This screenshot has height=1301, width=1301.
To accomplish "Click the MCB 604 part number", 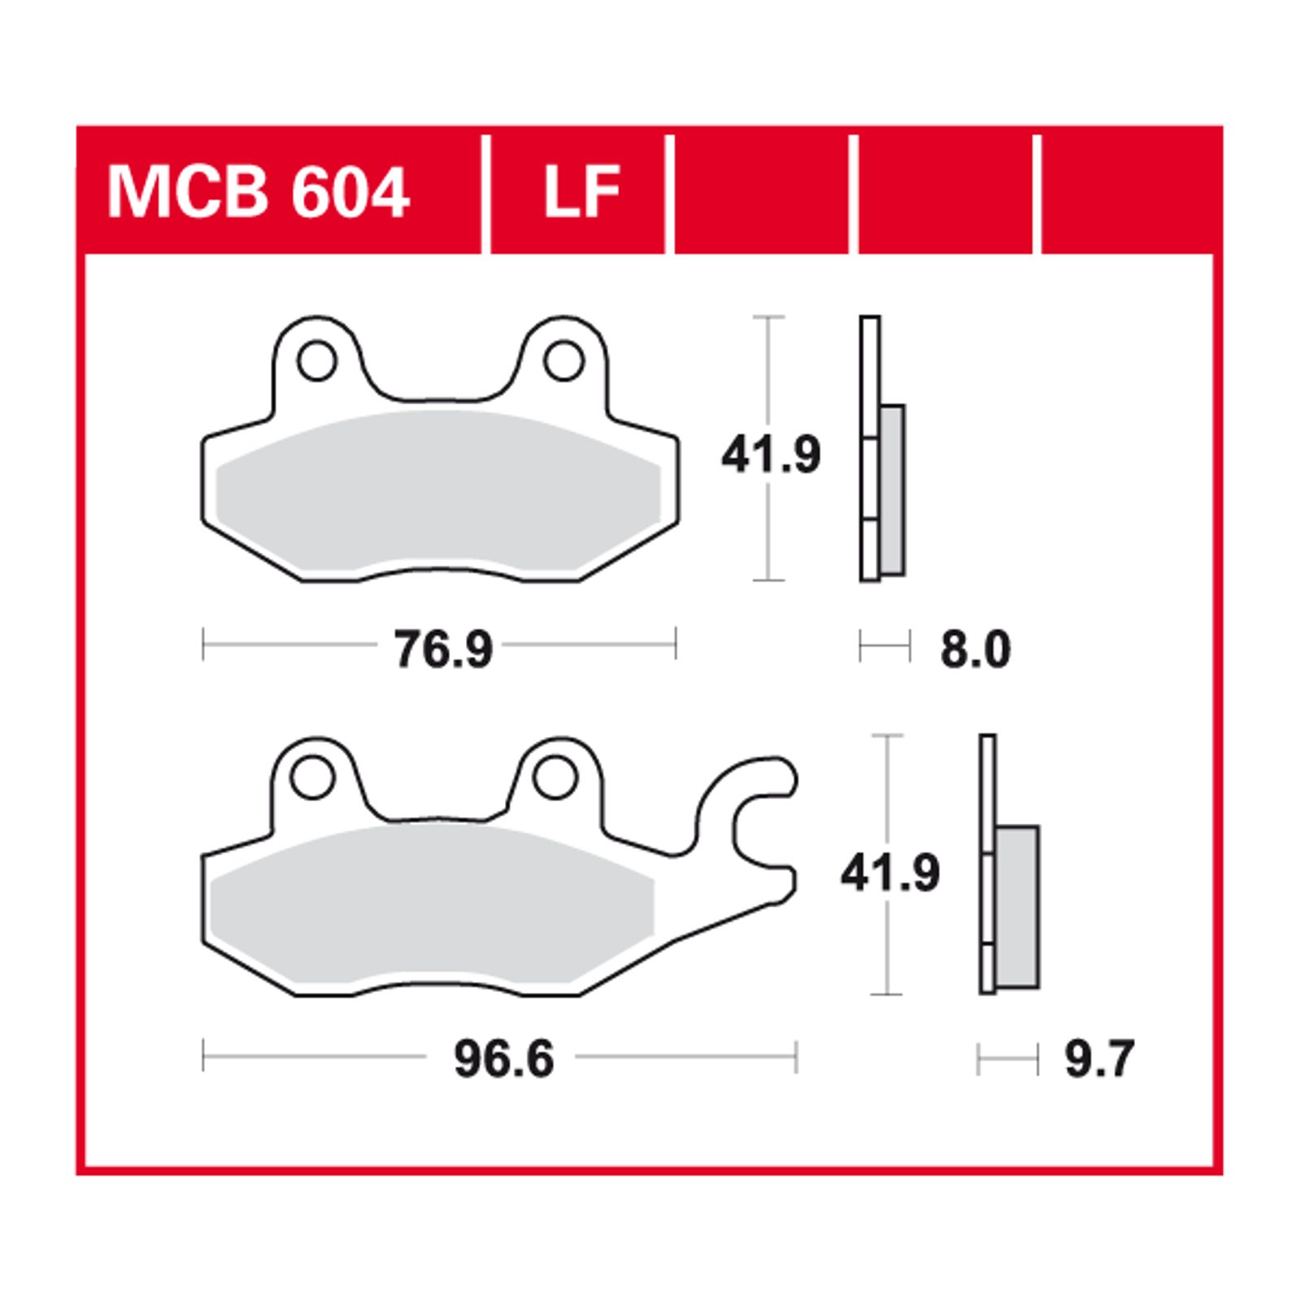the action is [x=258, y=192].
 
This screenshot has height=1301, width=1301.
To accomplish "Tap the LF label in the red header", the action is [x=581, y=192].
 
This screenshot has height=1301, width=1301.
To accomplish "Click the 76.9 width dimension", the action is [x=443, y=649].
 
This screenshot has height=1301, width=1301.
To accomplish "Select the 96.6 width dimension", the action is [x=504, y=1060].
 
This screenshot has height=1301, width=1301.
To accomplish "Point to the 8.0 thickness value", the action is [x=976, y=650].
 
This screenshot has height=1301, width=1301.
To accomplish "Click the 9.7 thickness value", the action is [x=1099, y=1060].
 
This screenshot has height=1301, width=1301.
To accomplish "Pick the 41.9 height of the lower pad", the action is [x=890, y=872].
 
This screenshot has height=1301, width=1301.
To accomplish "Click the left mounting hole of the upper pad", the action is [x=317, y=361].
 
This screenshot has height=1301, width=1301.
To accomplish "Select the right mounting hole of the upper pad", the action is [x=563, y=361].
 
